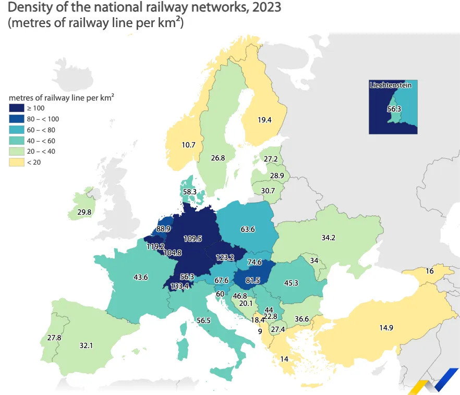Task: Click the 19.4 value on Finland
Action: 264,120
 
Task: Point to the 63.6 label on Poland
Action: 247,229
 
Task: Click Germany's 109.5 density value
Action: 192,239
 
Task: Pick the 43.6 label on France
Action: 141,277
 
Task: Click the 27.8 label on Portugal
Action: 54,338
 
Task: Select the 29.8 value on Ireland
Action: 84,212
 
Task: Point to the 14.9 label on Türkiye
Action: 386,328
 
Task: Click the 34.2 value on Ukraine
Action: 328,238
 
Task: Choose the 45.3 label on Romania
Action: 291,283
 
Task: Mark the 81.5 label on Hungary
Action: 252,280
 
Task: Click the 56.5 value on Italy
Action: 203,320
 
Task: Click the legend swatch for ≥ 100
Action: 16,108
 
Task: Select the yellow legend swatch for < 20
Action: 16,163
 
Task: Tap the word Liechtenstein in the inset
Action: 390,85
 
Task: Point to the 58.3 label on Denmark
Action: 189,192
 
